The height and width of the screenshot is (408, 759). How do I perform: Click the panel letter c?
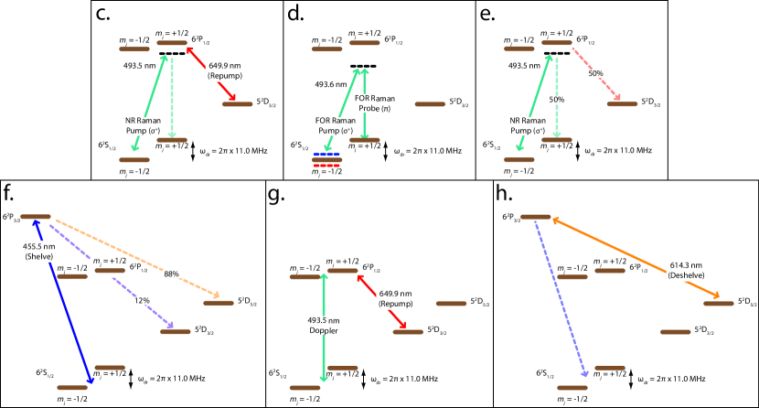(103, 14)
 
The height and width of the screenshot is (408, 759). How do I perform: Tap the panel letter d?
(294, 14)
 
